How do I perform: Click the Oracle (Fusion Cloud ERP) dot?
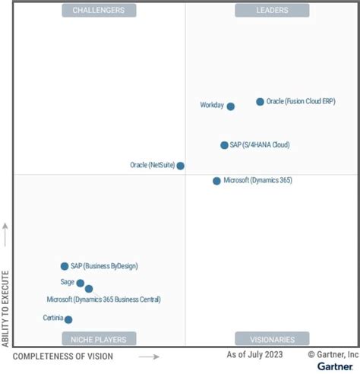point(260,101)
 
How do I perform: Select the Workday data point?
point(231,106)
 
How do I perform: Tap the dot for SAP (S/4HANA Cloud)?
point(224,144)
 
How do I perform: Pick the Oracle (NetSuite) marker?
point(180,166)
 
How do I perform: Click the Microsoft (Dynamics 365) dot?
point(216,181)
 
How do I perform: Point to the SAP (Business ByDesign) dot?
point(65,266)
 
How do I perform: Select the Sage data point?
point(81,283)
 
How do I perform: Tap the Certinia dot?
point(68,320)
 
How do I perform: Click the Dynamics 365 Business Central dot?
point(89,289)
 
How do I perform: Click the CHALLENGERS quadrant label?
point(98,10)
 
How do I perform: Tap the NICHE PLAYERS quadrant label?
point(99,339)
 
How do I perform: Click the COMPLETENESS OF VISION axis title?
point(63,357)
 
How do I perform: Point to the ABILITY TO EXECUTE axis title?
point(6,308)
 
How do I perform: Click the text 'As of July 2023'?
point(256,355)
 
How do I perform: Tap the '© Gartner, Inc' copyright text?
point(333,355)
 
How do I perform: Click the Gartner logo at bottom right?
point(334,367)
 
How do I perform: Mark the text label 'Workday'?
point(212,106)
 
